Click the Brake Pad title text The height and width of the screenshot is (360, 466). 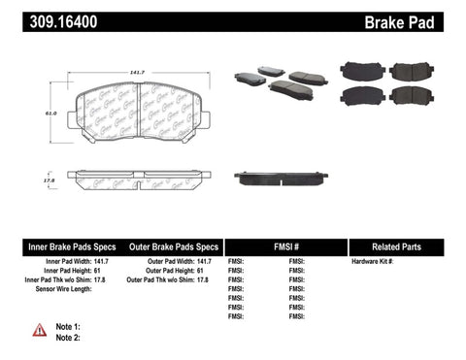pos(423,17)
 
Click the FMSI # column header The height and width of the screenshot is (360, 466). pos(283,246)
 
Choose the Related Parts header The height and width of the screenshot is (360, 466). pos(404,246)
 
